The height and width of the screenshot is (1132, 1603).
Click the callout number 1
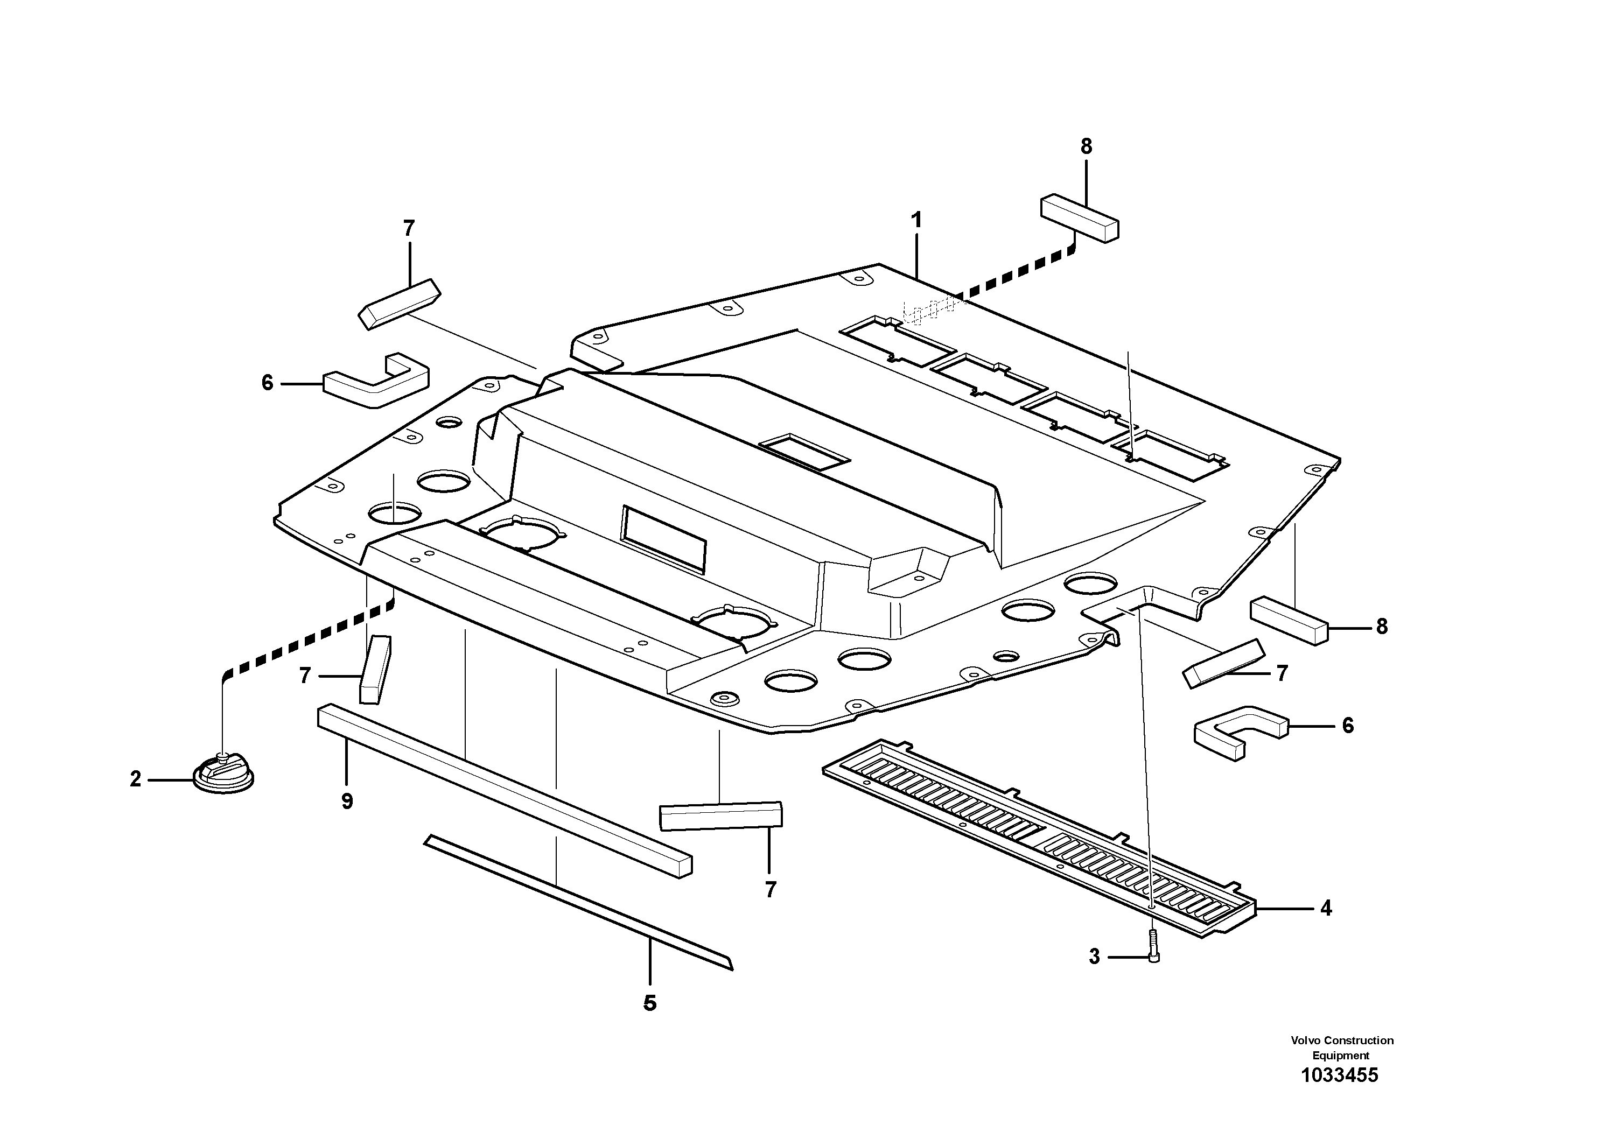click(x=916, y=221)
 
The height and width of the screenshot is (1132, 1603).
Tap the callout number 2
click(x=136, y=779)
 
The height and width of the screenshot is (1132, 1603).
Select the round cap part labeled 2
click(x=223, y=774)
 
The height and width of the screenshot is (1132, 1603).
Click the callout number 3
click(x=1094, y=957)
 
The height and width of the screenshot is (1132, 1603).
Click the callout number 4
click(x=1326, y=908)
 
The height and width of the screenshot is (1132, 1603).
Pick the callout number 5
click(x=649, y=1003)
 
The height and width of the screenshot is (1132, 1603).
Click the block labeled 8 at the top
click(x=1080, y=219)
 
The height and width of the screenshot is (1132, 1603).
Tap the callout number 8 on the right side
click(x=1382, y=627)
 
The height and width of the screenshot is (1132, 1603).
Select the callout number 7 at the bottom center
click(x=770, y=890)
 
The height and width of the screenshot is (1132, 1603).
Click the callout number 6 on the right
click(x=1347, y=726)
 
